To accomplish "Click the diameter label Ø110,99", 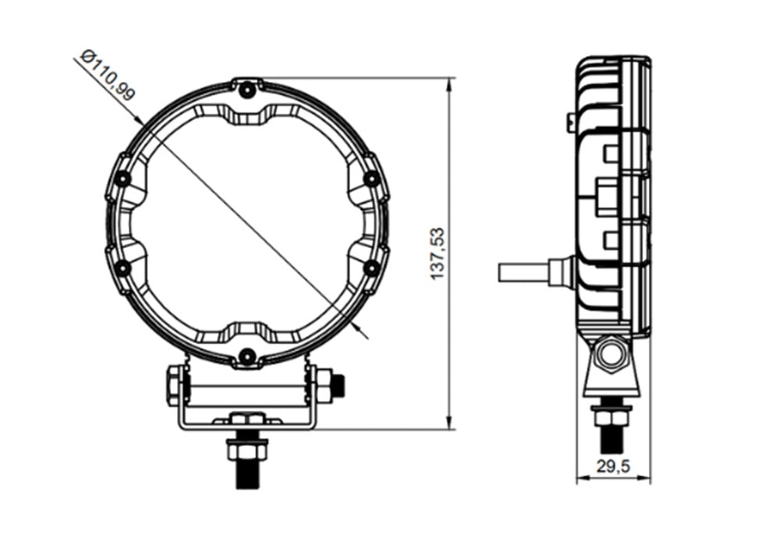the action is tap(108, 75).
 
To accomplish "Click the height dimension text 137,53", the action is tap(438, 253).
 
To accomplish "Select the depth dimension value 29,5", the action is tap(613, 466).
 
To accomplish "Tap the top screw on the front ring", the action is tap(246, 90).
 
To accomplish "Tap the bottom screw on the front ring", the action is tap(246, 356).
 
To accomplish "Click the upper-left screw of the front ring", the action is tap(123, 179).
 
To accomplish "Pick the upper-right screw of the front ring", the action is tap(371, 179).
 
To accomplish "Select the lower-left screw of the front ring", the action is tap(123, 268).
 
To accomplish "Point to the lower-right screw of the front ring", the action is tap(371, 268).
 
